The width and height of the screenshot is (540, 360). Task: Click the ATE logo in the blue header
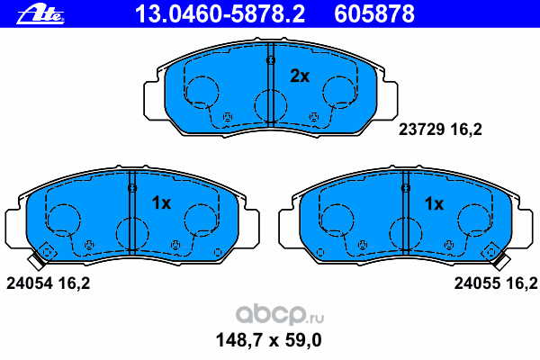pyautogui.click(x=40, y=15)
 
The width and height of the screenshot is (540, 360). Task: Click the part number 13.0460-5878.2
pyautogui.click(x=220, y=14)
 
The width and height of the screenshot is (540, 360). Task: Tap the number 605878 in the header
pyautogui.click(x=374, y=14)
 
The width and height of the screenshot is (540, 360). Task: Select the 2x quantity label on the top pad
pyautogui.click(x=300, y=76)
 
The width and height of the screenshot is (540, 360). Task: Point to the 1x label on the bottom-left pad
pyautogui.click(x=161, y=203)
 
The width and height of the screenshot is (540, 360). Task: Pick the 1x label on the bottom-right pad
pyautogui.click(x=434, y=204)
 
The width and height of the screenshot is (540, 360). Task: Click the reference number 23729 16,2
pyautogui.click(x=440, y=130)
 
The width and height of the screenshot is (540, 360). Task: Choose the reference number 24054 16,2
pyautogui.click(x=49, y=283)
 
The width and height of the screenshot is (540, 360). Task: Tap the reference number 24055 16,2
pyautogui.click(x=496, y=283)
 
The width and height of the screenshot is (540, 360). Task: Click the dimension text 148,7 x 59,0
pyautogui.click(x=268, y=340)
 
